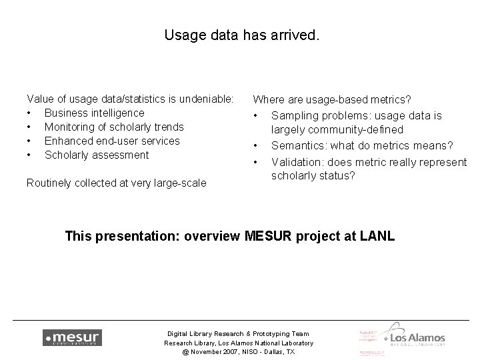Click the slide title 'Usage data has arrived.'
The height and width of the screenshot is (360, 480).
click(x=241, y=35)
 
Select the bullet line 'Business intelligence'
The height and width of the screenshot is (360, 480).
click(x=94, y=113)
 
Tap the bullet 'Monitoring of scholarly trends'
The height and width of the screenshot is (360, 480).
click(x=114, y=127)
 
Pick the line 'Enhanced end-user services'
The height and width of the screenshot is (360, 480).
click(x=112, y=141)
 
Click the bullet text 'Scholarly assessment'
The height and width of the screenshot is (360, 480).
click(x=97, y=155)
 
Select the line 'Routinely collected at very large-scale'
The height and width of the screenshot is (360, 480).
click(x=116, y=183)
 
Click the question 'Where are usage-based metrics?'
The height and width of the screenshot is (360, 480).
click(x=331, y=100)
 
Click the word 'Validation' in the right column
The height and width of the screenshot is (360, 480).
click(x=296, y=162)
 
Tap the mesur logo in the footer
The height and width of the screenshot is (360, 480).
click(x=72, y=337)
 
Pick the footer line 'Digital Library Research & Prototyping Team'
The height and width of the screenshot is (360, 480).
click(x=239, y=333)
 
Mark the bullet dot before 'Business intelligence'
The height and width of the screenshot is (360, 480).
click(x=29, y=113)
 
